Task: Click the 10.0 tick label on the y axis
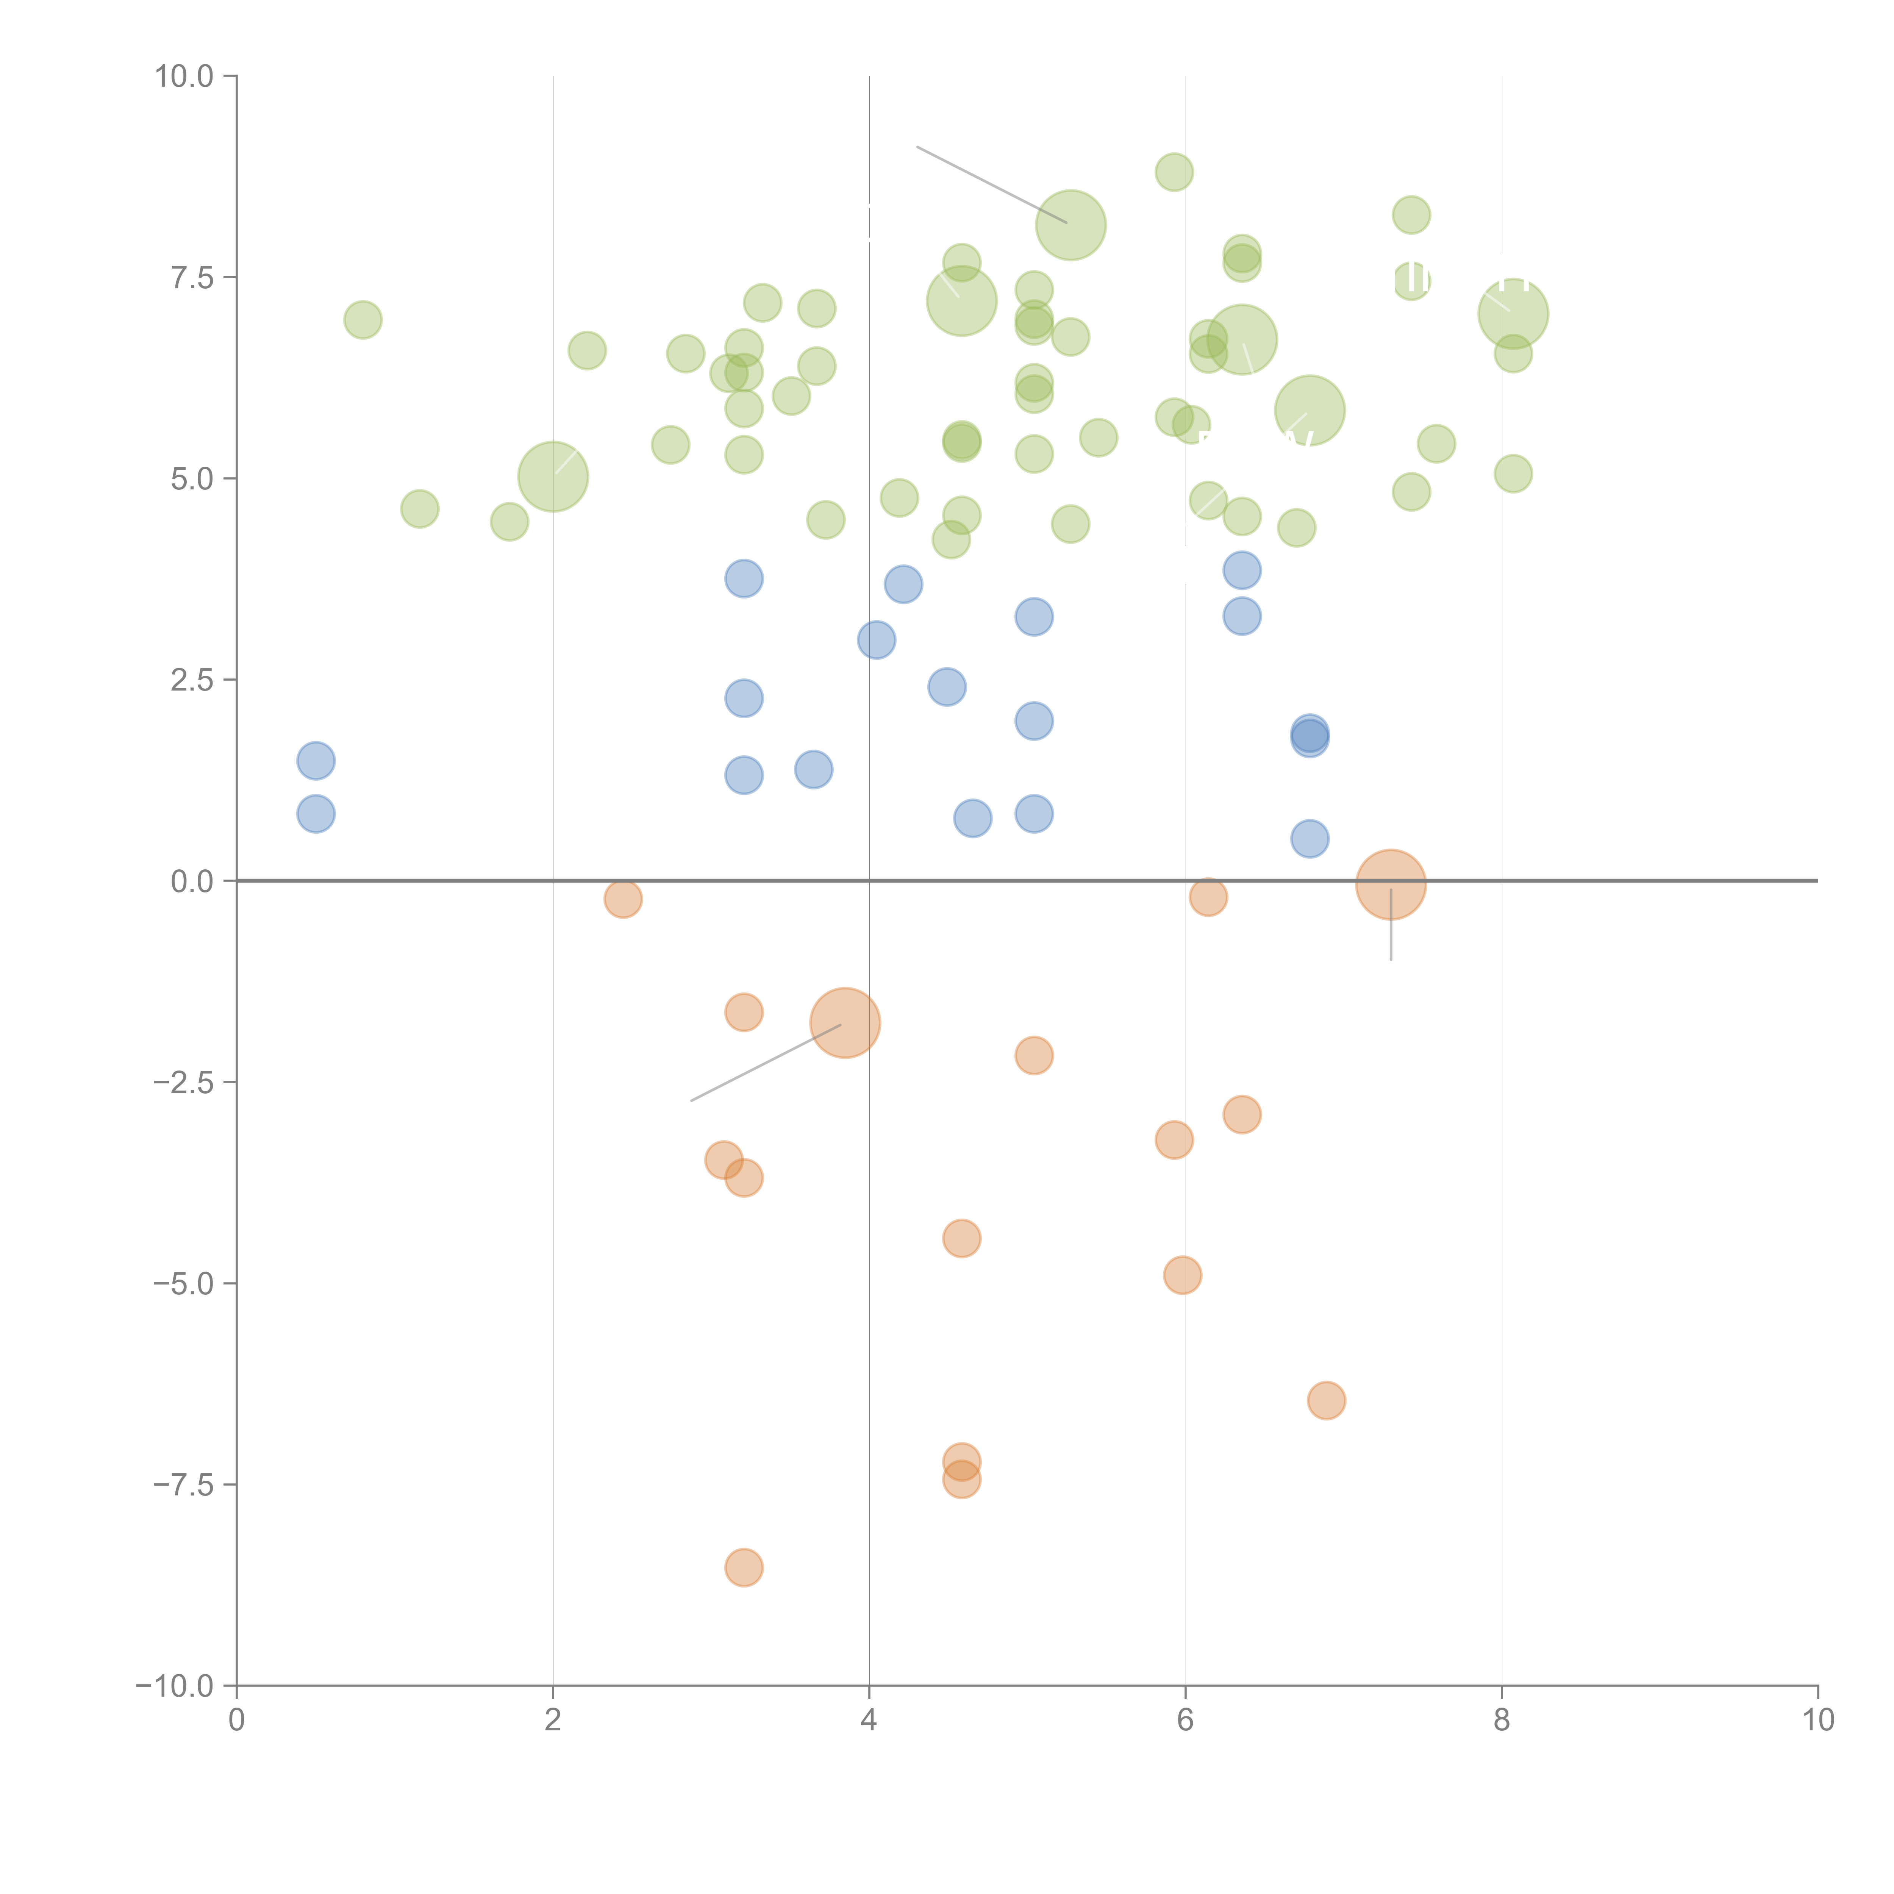[184, 77]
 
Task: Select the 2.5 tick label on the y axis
[192, 680]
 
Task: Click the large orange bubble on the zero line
[1390, 884]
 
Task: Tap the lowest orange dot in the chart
[744, 1567]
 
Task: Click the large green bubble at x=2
[553, 477]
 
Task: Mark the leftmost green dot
[363, 320]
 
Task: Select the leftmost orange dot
[622, 898]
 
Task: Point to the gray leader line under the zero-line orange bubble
[1390, 931]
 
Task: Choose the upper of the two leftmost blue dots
[316, 761]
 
